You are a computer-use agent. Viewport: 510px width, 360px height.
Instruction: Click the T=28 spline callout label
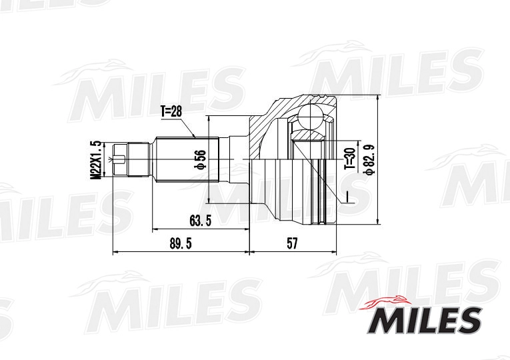point(171,111)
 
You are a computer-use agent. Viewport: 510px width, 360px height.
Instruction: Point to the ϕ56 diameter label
point(199,160)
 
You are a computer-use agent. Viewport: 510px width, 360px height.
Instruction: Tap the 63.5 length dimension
point(200,221)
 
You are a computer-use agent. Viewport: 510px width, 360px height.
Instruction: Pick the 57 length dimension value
point(292,245)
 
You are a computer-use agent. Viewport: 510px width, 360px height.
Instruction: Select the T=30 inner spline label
point(349,160)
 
